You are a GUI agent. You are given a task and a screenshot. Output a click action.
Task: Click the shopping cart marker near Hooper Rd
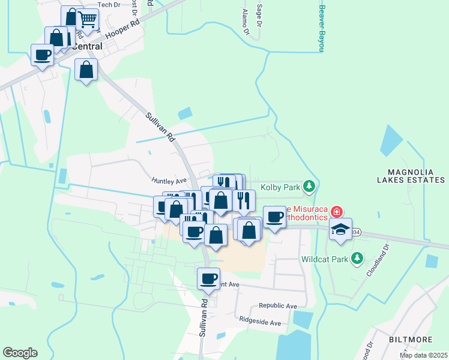[88, 20]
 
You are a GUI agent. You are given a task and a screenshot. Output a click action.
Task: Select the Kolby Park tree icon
[309, 187]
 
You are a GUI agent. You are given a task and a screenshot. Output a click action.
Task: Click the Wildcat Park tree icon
[358, 258]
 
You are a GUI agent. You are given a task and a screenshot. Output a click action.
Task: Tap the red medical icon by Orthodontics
[336, 211]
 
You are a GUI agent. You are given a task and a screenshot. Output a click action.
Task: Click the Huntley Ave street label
[170, 179]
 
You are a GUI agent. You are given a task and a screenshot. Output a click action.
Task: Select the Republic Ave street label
[278, 306]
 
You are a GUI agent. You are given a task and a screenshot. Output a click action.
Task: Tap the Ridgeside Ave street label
[260, 322]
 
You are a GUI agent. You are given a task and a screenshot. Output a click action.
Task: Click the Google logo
[20, 353]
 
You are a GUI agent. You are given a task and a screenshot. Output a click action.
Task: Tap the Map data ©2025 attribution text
[423, 355]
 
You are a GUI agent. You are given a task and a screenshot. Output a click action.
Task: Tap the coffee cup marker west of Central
[42, 56]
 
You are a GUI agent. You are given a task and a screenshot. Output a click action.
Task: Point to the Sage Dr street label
[259, 16]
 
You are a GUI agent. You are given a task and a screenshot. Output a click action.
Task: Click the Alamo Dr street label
[244, 21]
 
